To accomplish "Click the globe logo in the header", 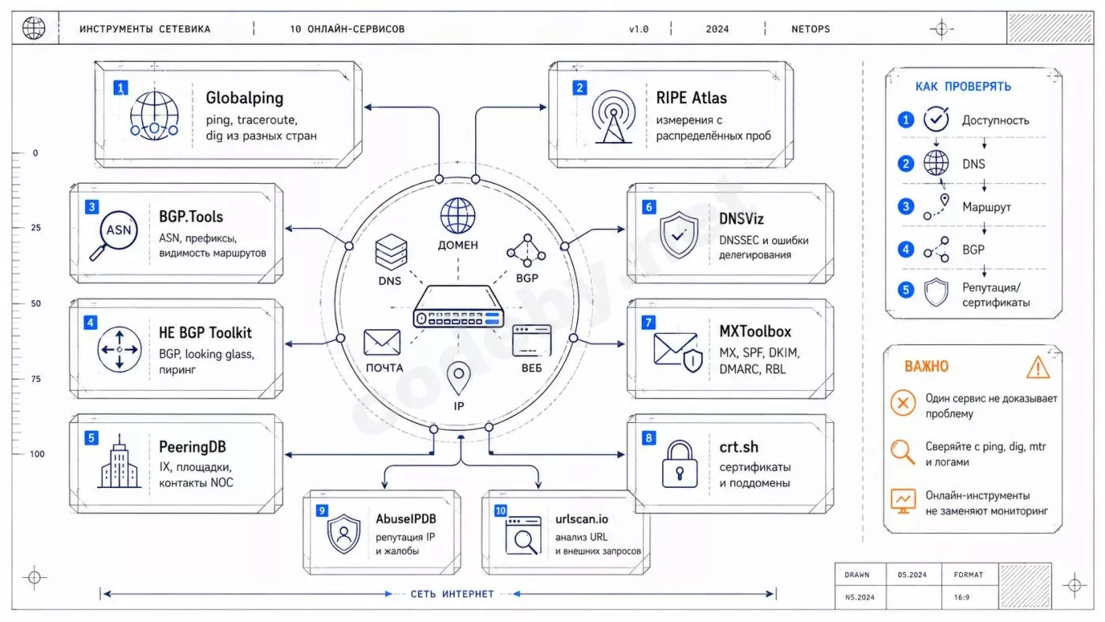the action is pos(33,28).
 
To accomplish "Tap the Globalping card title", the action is pos(245,98).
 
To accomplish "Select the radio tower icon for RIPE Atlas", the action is pos(613,117).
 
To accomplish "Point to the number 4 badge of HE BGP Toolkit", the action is pos(90,323).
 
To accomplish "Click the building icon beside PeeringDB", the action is pos(119,461).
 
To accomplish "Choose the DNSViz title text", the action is pos(741,219).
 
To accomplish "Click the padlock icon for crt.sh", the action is pos(680,464).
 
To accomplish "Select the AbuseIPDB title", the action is pos(406,519).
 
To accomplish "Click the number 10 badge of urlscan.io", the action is pos(500,511).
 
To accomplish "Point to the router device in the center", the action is pos(459,306).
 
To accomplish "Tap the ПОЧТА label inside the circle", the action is pos(384,368).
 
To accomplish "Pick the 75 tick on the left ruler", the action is pos(36,379).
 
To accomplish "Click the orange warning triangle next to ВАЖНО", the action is pos(1038,368).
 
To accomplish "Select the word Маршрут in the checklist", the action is pos(987,207).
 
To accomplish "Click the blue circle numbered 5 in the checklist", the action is pos(906,290).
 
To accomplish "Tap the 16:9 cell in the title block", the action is pos(961,598).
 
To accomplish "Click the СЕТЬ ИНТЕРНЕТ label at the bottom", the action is pos(452,594).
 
